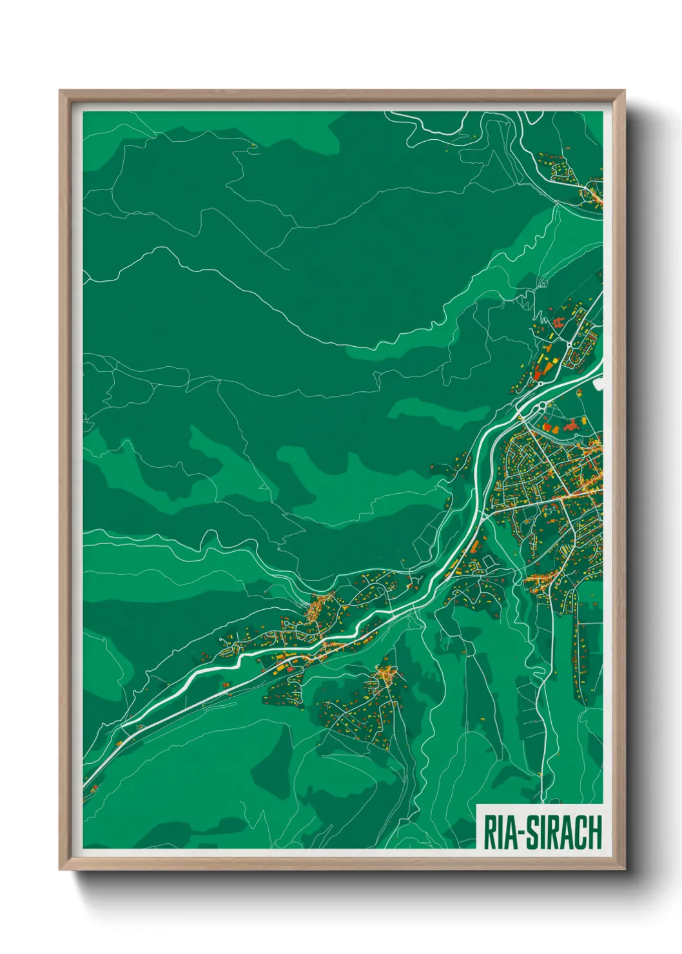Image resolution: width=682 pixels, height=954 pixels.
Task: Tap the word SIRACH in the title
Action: (564, 832)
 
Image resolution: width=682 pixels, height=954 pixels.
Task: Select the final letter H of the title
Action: (594, 832)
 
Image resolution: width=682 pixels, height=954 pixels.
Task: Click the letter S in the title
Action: (532, 832)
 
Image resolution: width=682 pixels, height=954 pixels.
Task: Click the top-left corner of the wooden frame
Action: (61, 92)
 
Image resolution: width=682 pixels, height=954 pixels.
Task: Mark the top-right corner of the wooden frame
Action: (623, 92)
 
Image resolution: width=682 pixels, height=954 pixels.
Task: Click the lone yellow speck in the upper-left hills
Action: (254, 146)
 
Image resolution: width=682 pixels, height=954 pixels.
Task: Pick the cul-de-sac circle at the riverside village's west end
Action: (225, 639)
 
